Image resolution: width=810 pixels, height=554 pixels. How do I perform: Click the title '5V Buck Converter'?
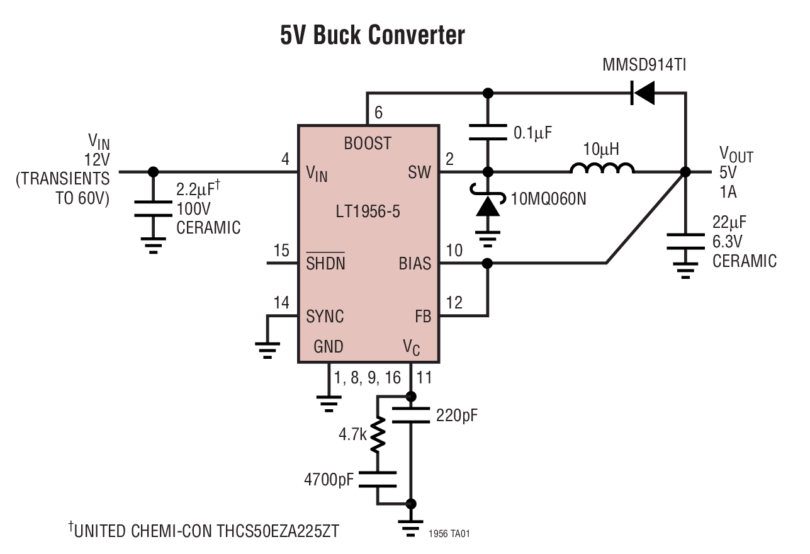tap(373, 36)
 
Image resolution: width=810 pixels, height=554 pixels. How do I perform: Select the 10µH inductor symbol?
tap(602, 169)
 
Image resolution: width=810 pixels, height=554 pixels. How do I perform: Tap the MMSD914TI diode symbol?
tap(643, 94)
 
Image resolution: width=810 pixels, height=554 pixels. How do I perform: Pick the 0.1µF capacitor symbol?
tap(487, 132)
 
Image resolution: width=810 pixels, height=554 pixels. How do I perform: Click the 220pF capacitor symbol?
tap(411, 415)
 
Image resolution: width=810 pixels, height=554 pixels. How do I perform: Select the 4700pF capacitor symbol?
tap(378, 478)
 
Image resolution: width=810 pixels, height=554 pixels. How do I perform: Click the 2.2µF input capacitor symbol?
tap(152, 207)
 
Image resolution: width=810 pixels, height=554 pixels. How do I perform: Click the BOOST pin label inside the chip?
tap(368, 144)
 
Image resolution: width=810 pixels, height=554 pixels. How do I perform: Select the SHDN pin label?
tap(325, 263)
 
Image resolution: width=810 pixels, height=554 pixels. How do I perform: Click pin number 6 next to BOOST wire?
tap(378, 113)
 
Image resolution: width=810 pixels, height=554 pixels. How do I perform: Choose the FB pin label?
tap(423, 316)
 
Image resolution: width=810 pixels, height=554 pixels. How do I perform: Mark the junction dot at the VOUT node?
tap(685, 172)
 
